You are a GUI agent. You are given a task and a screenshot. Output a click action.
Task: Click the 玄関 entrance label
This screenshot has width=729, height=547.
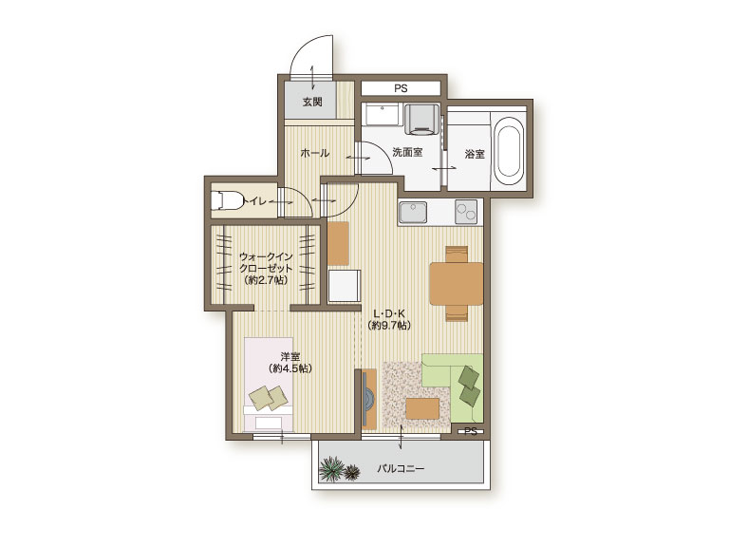tap(312, 102)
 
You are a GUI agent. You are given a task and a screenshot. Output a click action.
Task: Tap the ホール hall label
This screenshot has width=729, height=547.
tap(315, 153)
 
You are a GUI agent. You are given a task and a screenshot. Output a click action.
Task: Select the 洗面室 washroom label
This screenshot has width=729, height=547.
tap(407, 152)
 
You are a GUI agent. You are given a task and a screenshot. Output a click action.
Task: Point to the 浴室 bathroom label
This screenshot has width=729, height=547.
tap(475, 154)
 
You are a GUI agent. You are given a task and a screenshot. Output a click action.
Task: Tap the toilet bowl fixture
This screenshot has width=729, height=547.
tap(227, 201)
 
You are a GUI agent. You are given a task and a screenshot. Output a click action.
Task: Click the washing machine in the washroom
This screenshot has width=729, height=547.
tap(421, 119)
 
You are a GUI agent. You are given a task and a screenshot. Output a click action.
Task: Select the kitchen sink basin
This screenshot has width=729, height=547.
tap(413, 213)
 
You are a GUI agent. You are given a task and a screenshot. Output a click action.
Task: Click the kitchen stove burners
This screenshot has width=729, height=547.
tap(466, 212)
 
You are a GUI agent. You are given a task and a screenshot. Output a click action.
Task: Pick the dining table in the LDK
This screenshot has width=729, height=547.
tap(457, 284)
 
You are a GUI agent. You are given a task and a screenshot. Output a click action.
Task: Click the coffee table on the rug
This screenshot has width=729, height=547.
tap(422, 409)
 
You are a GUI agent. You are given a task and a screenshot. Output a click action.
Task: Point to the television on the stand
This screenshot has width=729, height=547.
tap(367, 399)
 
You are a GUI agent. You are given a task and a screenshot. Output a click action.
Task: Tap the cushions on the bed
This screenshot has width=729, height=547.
tap(270, 398)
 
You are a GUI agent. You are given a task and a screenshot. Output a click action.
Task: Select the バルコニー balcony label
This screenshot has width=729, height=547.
tap(401, 468)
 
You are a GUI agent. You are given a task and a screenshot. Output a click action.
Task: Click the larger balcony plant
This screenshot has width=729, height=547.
tap(331, 468)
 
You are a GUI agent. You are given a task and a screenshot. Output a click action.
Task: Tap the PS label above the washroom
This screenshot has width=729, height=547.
tap(401, 88)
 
